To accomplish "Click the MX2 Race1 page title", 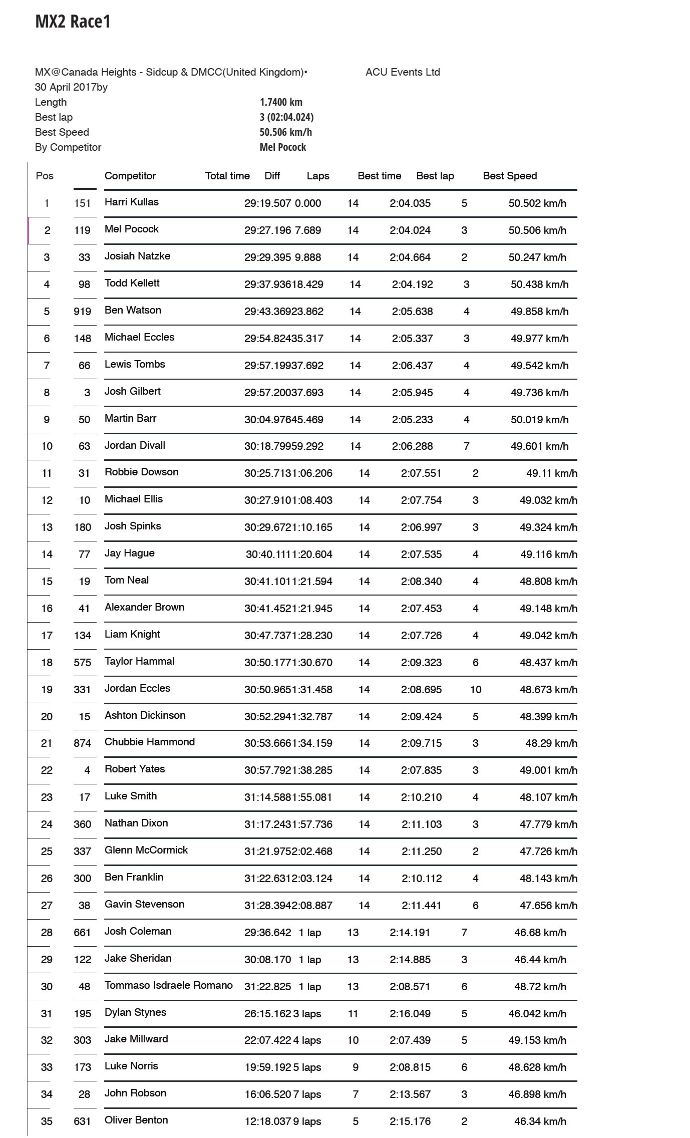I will point(73,22).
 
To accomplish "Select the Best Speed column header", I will point(510,176).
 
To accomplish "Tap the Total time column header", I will point(227,176).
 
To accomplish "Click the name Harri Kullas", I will point(132,202).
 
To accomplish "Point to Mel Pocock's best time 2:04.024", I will point(410,230).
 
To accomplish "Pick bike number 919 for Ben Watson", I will point(83,312).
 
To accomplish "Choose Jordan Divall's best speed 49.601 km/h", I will point(539,446).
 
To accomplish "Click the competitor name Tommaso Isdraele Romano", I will point(169,985).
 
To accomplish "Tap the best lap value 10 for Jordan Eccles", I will point(476,690).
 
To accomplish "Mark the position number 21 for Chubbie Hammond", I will point(47,743).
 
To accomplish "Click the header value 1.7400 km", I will point(281,102).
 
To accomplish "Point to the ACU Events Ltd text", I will point(403,72).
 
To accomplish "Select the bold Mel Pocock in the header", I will point(283,147).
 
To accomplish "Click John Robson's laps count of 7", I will point(356,1094).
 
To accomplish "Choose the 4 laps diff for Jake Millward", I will point(307,1040).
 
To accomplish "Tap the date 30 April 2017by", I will point(71,87).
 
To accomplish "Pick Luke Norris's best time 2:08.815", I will point(410,1067).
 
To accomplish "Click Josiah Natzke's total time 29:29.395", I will point(268,257).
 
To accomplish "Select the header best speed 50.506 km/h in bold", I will point(286,132).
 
